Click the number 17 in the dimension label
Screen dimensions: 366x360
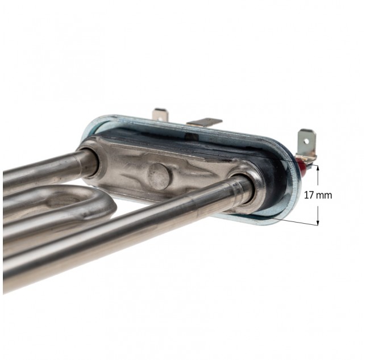click(x=309, y=195)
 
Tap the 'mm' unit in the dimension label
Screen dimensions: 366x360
click(x=324, y=196)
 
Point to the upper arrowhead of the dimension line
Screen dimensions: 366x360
click(x=318, y=167)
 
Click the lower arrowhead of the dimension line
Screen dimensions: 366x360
click(x=318, y=223)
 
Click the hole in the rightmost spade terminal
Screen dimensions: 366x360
click(x=306, y=141)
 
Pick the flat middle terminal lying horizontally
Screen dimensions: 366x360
click(x=204, y=123)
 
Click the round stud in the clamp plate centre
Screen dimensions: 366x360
click(x=159, y=176)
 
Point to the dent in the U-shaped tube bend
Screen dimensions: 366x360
click(x=63, y=200)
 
